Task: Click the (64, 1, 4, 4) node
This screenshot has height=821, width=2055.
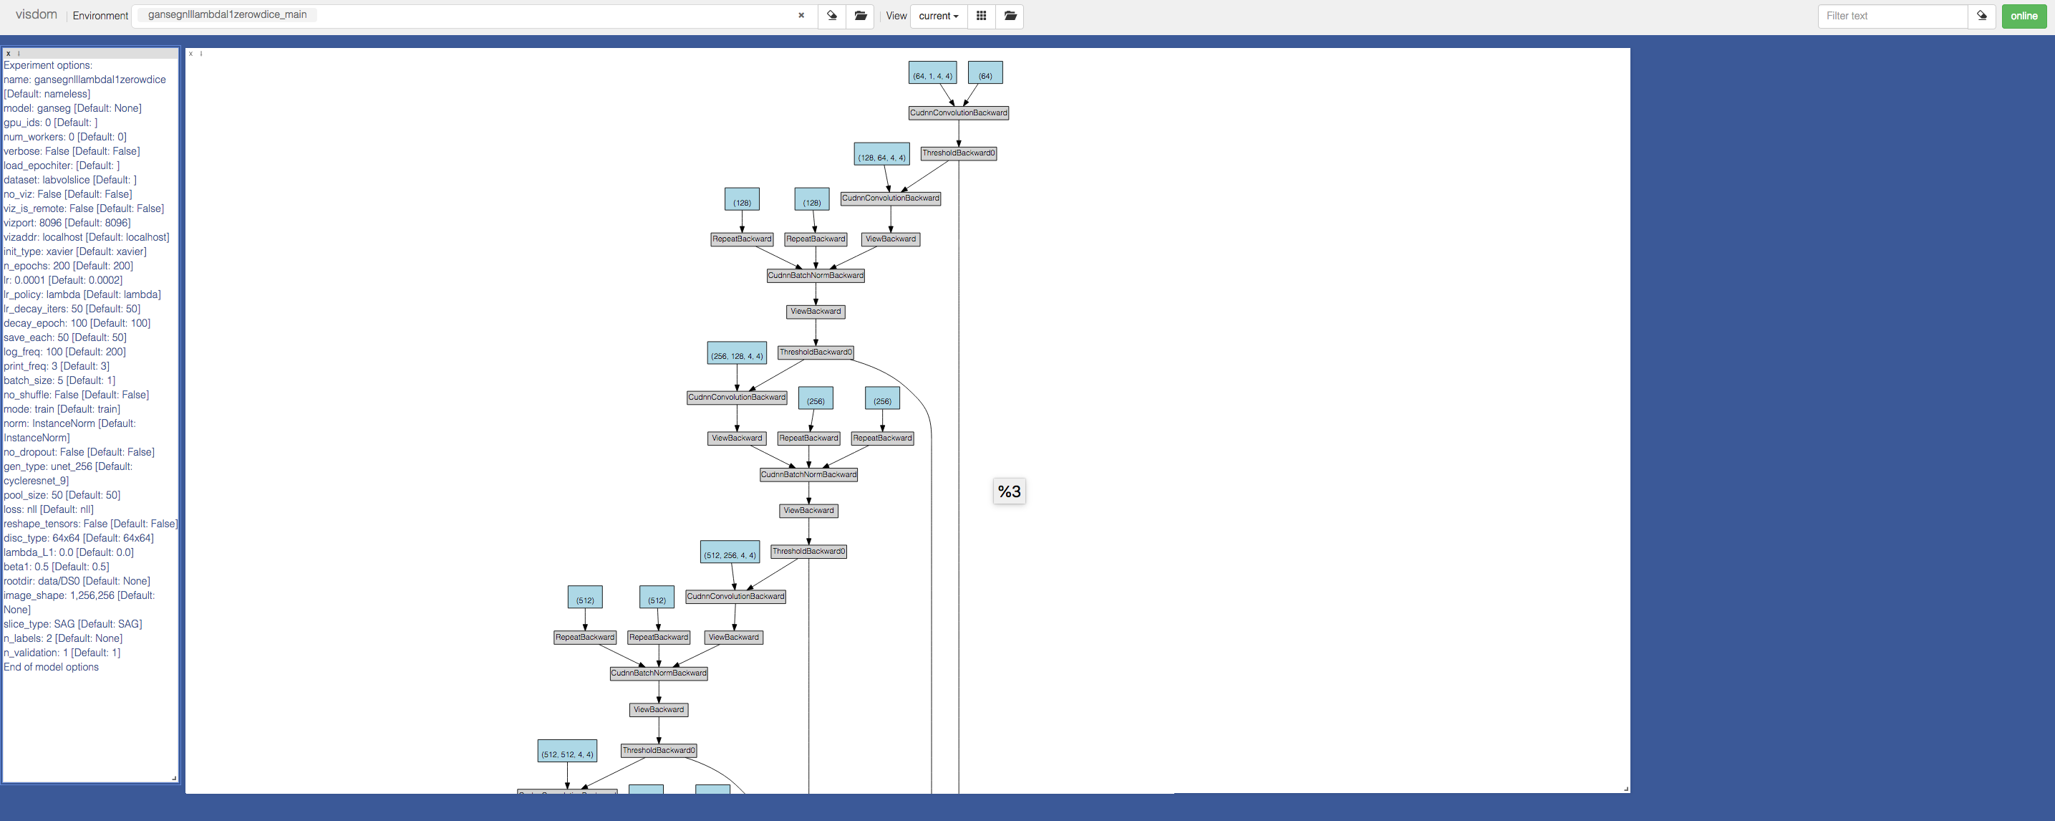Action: pyautogui.click(x=932, y=73)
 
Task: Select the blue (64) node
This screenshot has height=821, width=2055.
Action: pyautogui.click(x=985, y=73)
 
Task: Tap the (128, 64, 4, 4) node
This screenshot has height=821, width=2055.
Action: pyautogui.click(x=881, y=155)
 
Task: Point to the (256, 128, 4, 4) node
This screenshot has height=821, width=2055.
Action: pyautogui.click(x=736, y=353)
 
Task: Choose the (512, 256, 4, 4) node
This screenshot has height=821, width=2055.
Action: pyautogui.click(x=730, y=552)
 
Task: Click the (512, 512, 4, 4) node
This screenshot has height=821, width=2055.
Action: pyautogui.click(x=567, y=752)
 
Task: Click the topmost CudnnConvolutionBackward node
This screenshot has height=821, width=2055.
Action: pyautogui.click(x=958, y=113)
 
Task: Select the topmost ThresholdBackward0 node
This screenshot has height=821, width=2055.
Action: pyautogui.click(x=958, y=153)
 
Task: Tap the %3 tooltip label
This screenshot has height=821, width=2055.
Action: pyautogui.click(x=1009, y=491)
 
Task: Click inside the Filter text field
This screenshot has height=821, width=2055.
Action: pyautogui.click(x=1892, y=16)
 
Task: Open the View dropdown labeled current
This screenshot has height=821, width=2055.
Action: pyautogui.click(x=938, y=16)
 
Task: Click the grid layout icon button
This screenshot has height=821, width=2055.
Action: pyautogui.click(x=981, y=16)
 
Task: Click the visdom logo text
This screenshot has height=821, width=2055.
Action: pyautogui.click(x=37, y=15)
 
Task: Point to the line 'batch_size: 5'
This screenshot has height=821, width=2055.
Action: pyautogui.click(x=59, y=380)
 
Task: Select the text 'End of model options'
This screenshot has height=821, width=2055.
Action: pyautogui.click(x=51, y=667)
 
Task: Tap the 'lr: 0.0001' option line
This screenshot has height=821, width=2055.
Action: pyautogui.click(x=63, y=280)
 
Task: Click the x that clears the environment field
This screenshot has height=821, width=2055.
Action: pyautogui.click(x=801, y=16)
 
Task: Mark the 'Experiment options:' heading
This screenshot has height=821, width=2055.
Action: pyautogui.click(x=48, y=65)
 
